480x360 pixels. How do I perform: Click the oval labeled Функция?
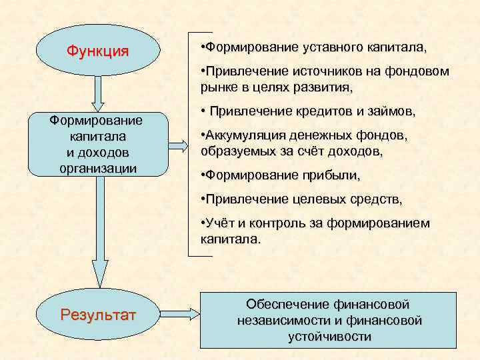click(98, 51)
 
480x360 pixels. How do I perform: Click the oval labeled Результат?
click(98, 313)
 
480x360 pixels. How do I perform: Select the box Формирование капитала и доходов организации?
click(98, 144)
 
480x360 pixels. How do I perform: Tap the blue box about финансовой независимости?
click(329, 319)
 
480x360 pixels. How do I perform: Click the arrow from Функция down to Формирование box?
click(98, 93)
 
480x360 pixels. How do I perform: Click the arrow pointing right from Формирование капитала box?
click(178, 145)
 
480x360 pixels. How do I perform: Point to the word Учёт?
click(219, 223)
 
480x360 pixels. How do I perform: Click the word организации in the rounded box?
click(98, 168)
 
